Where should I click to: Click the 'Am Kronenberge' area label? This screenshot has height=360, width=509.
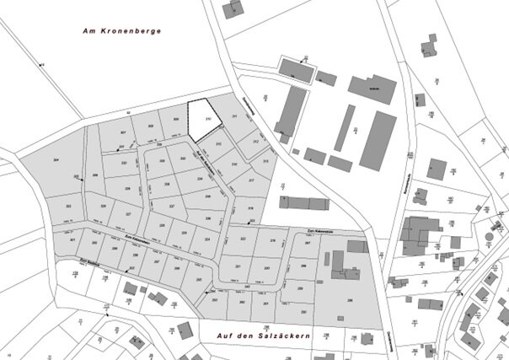[121, 31]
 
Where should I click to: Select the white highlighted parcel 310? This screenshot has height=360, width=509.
[203, 117]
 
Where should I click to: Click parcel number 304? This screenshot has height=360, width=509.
[56, 159]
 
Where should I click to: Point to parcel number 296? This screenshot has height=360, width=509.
[349, 298]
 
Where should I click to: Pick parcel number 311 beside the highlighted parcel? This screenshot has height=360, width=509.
[233, 116]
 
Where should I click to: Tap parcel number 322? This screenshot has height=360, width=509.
[244, 239]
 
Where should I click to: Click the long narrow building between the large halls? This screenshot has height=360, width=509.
[343, 127]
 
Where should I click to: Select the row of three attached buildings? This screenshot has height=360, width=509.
[304, 202]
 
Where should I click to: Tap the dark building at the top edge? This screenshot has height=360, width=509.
[230, 9]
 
